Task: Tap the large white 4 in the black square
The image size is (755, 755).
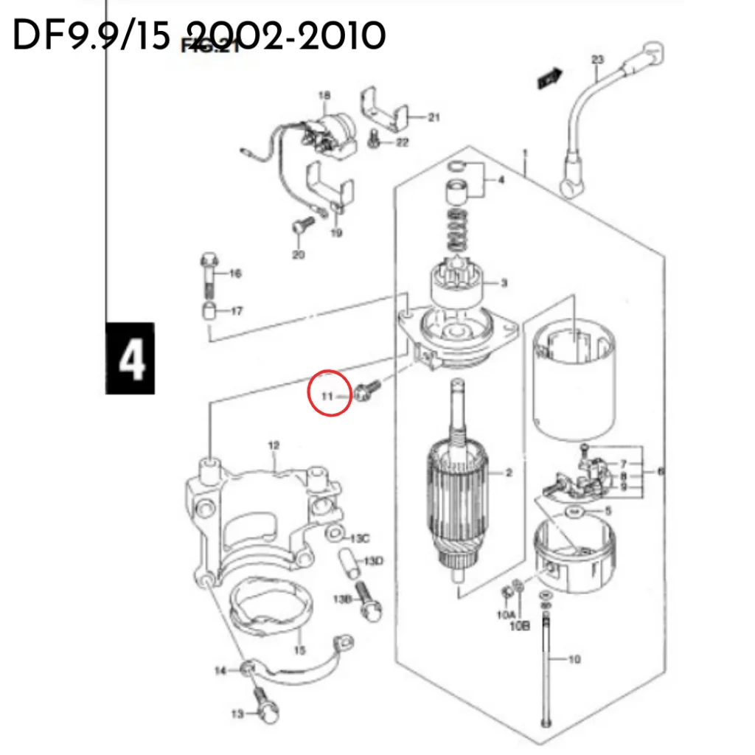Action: coord(131,360)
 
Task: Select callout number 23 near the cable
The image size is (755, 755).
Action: coord(597,59)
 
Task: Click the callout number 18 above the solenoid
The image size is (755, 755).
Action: coord(324,95)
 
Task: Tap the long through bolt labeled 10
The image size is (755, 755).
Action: coord(546,664)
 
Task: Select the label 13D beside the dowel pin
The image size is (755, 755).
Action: coord(374,562)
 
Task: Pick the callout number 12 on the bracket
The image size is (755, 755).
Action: coord(274,445)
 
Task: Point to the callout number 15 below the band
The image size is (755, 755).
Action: coord(299,650)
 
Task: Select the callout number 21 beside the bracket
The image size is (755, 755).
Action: coord(434,117)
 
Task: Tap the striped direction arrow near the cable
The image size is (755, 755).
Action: coord(550,76)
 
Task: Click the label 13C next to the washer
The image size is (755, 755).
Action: coord(359,537)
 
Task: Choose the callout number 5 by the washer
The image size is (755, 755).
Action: coord(608,510)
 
